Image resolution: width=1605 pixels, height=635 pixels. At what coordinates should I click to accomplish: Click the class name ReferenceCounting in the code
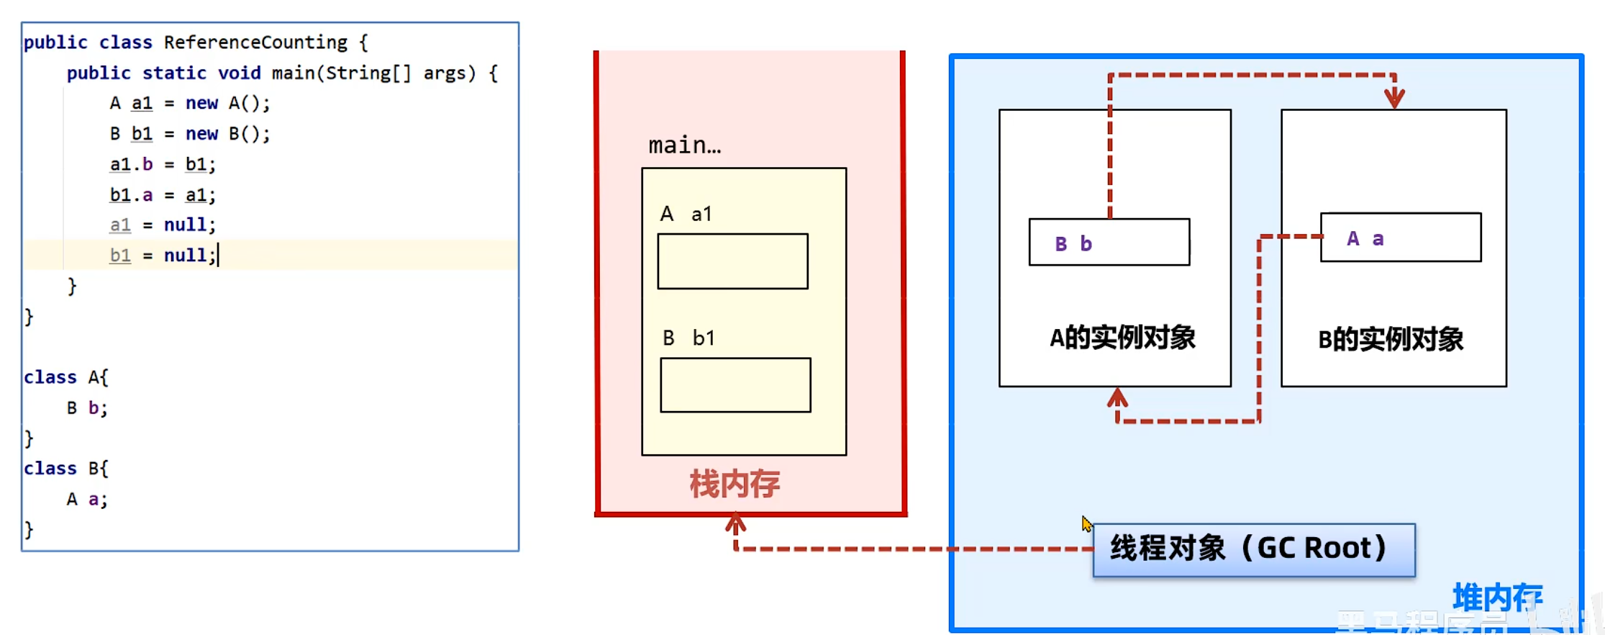click(x=255, y=42)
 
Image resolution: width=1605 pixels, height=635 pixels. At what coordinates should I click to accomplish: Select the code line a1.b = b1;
click(x=163, y=164)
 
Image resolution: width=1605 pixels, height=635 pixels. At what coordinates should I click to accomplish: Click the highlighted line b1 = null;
click(x=163, y=256)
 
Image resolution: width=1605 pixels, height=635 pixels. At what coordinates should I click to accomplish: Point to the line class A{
click(x=65, y=377)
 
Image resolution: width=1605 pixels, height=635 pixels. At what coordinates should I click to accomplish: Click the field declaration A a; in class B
click(x=87, y=499)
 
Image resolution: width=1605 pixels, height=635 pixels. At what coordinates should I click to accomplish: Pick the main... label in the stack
click(x=684, y=145)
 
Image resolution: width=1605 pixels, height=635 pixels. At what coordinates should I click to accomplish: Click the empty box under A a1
click(x=732, y=261)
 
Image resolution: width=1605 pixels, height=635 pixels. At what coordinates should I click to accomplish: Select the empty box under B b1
click(x=735, y=385)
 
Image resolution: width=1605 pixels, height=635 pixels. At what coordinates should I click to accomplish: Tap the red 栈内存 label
click(x=735, y=484)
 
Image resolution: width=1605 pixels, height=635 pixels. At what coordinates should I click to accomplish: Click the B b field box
click(x=1109, y=243)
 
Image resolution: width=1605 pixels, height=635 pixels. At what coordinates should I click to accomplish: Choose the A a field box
click(x=1400, y=238)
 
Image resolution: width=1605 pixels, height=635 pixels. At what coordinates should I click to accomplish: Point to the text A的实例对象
click(x=1122, y=337)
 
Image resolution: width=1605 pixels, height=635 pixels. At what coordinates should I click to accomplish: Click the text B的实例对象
click(x=1391, y=338)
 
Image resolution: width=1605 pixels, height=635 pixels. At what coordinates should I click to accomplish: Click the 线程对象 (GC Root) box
click(x=1253, y=549)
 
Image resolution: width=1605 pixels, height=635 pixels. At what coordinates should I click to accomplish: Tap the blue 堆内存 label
click(x=1497, y=597)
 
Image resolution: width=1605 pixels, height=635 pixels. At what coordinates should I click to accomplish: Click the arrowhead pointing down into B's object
click(x=1394, y=97)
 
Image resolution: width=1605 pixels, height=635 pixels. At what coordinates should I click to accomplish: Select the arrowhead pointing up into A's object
click(x=1117, y=397)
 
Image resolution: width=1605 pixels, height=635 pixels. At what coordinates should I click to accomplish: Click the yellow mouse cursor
click(x=1086, y=523)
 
